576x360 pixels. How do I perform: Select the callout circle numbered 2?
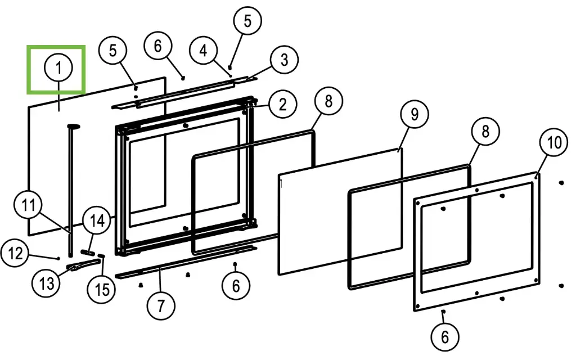tap(282, 103)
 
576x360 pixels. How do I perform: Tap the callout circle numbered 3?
tap(284, 59)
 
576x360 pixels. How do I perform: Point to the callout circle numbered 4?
tap(203, 51)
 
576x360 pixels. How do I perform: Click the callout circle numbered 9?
tap(414, 115)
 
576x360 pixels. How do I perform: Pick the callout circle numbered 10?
tap(554, 143)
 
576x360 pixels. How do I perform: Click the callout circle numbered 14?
tap(97, 221)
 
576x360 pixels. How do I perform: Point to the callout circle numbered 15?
tap(102, 289)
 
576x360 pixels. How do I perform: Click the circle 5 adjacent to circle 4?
tap(248, 21)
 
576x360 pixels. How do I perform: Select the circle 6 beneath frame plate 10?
tap(445, 337)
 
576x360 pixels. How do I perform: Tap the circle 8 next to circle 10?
tap(485, 132)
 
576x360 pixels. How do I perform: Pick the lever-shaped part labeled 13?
tap(78, 266)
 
